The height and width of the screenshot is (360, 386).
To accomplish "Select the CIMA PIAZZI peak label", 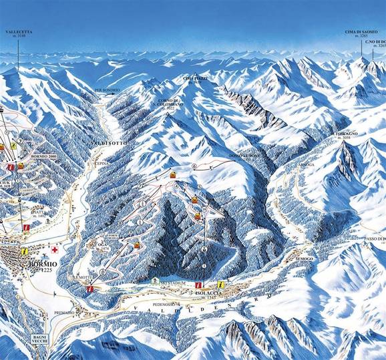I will pos(195,78).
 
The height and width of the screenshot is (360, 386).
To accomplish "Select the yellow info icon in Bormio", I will pos(24,251).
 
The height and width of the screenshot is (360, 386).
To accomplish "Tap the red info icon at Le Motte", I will pos(89,289).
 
